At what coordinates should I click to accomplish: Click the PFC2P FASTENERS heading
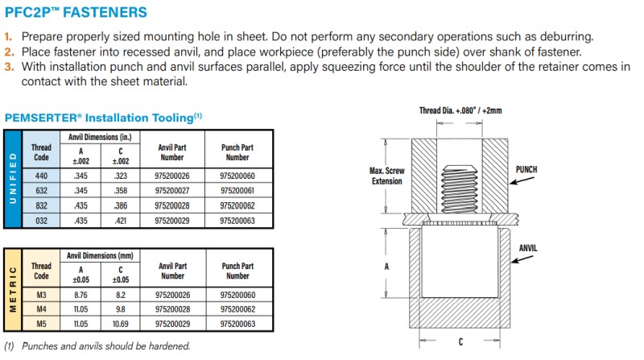coord(76,12)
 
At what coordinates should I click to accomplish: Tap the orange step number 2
coord(9,52)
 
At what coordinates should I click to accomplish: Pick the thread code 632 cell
coord(41,190)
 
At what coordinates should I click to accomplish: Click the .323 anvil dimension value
coord(120,175)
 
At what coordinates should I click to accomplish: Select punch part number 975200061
coord(237,190)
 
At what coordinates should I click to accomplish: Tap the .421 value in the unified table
coord(120,220)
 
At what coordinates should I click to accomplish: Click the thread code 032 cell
coord(41,220)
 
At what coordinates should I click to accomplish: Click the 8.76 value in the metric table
coord(81,296)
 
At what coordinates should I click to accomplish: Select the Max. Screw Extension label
coord(386,176)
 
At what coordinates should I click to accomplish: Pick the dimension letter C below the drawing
coord(460,341)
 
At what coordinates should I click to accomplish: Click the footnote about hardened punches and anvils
coord(98,346)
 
